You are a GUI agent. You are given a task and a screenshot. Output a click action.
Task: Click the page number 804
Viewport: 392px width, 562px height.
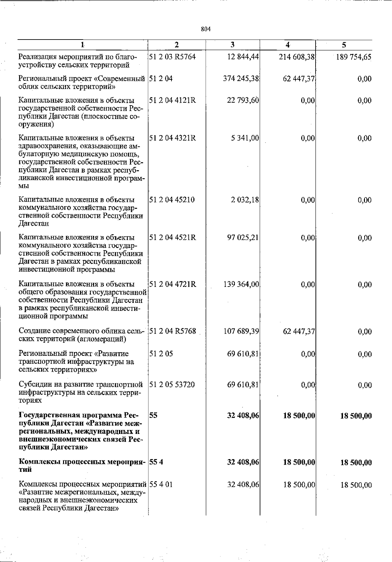pos(206,29)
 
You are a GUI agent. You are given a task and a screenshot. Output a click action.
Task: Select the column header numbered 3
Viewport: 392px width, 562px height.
pos(233,45)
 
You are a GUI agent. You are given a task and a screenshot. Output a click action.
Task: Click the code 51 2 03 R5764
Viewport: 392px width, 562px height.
pos(172,57)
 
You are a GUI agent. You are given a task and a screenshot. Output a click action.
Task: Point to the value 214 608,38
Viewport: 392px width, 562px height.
pos(297,57)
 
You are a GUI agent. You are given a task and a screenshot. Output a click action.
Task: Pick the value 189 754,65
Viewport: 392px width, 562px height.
pos(354,57)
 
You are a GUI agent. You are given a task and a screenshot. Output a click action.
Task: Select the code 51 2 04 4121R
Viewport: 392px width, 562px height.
pos(172,100)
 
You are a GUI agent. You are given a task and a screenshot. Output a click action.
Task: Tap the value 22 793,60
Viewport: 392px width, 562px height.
pos(243,100)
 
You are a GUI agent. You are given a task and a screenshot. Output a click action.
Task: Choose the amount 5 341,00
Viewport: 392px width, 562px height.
pos(245,138)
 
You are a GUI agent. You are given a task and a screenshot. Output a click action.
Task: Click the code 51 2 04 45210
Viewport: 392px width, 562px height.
pos(172,200)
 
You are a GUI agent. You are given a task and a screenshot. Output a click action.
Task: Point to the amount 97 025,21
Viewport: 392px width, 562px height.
pos(243,238)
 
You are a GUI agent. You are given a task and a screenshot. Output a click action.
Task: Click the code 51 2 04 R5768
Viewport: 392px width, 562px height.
pos(172,331)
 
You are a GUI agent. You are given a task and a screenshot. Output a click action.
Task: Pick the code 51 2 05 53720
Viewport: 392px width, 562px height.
pos(172,385)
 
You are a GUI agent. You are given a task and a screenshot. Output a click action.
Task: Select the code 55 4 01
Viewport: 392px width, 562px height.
pos(160,484)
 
